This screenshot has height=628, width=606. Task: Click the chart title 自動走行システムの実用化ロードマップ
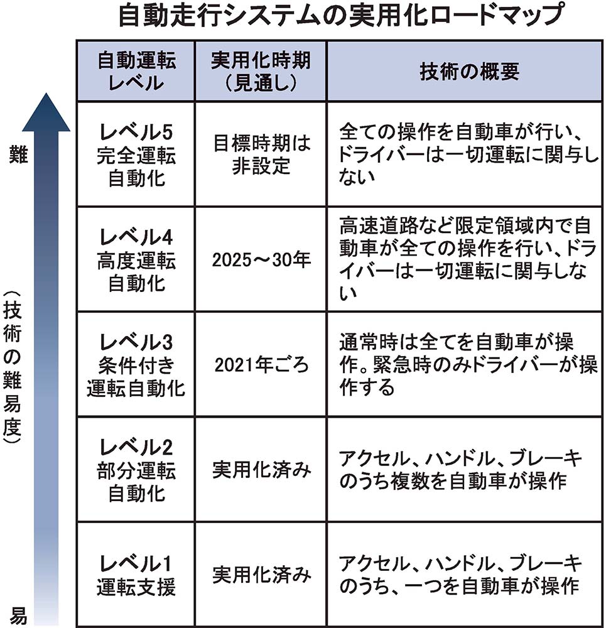coord(341,15)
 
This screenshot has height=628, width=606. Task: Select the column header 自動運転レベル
coord(136,72)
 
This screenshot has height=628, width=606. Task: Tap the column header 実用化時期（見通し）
coord(261,72)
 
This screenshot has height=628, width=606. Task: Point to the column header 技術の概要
coord(470,72)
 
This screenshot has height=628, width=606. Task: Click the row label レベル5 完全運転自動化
coord(136,154)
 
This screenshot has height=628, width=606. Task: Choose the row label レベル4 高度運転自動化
coord(136,259)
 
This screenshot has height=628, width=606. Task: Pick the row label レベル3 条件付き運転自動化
coord(136,365)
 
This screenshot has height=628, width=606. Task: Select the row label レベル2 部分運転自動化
coord(136,470)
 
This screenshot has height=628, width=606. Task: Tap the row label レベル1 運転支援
coord(136,575)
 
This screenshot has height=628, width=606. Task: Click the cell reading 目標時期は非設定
coord(261,154)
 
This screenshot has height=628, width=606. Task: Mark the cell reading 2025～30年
coord(261,260)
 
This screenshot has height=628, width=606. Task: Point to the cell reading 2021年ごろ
coord(261,365)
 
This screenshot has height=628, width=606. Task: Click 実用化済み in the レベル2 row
coord(261,470)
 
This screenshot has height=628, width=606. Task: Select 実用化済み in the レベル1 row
coord(261,575)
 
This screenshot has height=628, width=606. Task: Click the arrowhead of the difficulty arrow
coord(46,112)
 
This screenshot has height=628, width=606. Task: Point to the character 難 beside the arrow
coord(18,154)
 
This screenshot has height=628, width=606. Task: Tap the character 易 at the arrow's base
coord(18,616)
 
